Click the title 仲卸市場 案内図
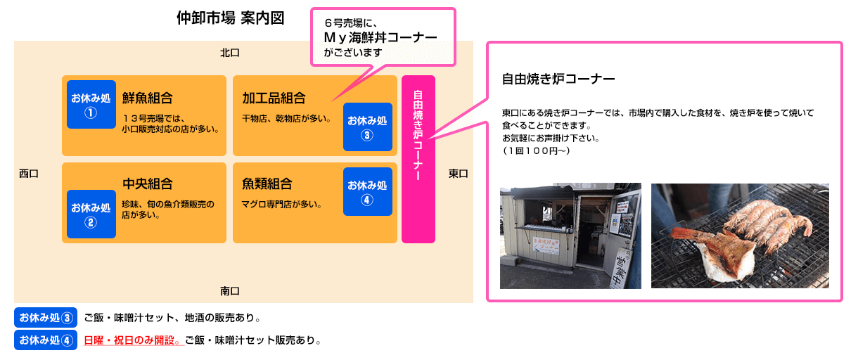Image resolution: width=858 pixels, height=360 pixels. click(230, 18)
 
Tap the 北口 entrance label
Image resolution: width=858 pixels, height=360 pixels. click(230, 53)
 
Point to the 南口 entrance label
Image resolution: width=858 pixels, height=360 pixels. click(230, 291)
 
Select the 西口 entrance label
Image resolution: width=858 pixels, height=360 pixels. click(29, 174)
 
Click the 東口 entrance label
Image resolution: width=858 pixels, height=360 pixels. click(458, 174)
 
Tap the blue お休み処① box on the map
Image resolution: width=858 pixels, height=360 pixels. click(91, 104)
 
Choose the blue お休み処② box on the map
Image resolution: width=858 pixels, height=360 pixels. click(91, 214)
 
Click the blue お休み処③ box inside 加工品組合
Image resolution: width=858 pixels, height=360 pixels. click(367, 127)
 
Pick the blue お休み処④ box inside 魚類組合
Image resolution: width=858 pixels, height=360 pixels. click(367, 191)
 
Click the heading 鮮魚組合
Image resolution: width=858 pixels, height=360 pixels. click(148, 98)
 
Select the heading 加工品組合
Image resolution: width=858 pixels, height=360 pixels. click(274, 98)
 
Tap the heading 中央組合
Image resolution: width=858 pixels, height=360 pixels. click(148, 184)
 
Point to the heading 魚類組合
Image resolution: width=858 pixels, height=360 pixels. click(267, 184)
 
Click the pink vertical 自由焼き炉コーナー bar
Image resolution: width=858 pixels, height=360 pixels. click(418, 159)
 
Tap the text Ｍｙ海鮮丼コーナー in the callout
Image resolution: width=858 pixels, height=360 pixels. click(380, 37)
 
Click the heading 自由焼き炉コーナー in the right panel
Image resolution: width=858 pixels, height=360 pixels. click(558, 79)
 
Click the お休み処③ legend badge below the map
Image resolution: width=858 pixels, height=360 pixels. click(46, 318)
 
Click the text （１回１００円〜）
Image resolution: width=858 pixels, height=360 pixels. click(536, 150)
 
